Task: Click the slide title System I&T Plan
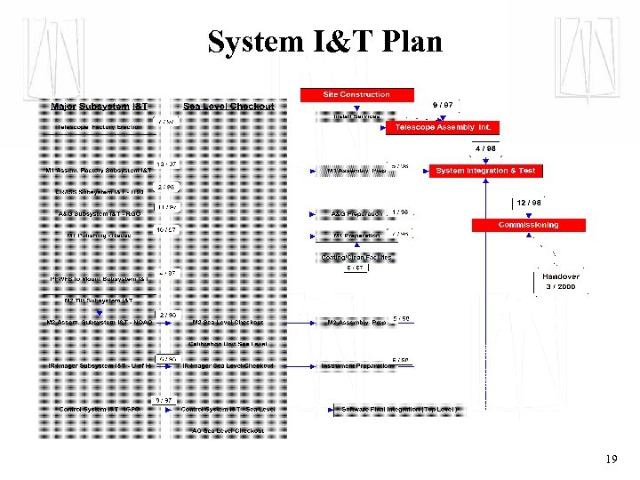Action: click(324, 42)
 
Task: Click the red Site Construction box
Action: click(356, 94)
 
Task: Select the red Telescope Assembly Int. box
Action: click(443, 127)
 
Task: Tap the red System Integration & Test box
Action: click(485, 171)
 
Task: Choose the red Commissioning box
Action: click(528, 225)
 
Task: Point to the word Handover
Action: click(561, 276)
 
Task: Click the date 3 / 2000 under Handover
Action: click(561, 287)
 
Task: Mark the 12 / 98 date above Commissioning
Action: click(529, 204)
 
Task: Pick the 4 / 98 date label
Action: click(485, 148)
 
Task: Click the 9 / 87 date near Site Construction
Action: click(442, 105)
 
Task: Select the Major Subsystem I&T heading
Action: click(100, 107)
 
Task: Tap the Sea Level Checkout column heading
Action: click(228, 107)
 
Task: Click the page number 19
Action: click(611, 460)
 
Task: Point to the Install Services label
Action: click(356, 116)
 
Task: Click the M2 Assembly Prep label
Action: click(356, 323)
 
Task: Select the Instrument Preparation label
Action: click(356, 365)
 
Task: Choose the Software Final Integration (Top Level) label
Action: click(399, 410)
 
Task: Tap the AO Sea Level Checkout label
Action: click(228, 431)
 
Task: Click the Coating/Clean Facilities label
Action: click(356, 258)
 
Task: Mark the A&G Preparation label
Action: click(356, 214)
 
